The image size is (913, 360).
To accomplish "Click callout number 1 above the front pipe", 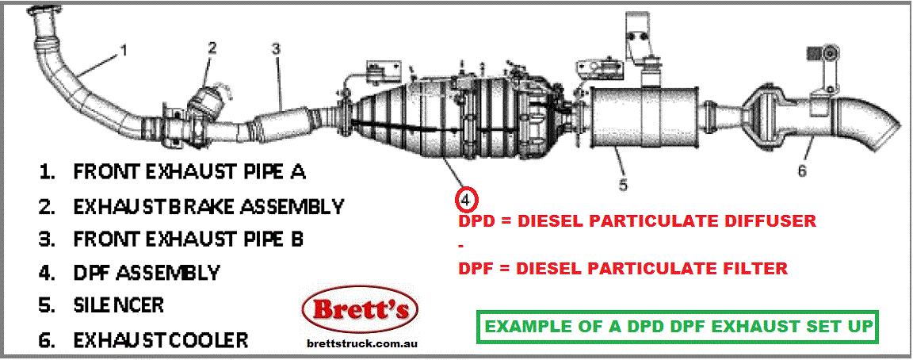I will pos(124,52).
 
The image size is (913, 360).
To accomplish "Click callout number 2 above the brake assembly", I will pos(212,48).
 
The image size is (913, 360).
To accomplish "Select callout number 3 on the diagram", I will pos(275,50).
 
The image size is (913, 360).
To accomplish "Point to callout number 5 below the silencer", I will pos(623,185).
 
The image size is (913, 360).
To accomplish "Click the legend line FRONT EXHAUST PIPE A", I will pos(189,171).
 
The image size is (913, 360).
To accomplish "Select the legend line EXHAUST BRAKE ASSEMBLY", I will pos(208,206).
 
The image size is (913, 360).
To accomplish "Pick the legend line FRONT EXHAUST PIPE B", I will pos(189,239).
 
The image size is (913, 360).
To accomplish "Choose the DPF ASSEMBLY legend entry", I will pos(146,273).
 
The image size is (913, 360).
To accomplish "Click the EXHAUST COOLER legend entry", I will pos(160,341).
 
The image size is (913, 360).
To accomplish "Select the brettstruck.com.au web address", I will pos(361,344).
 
